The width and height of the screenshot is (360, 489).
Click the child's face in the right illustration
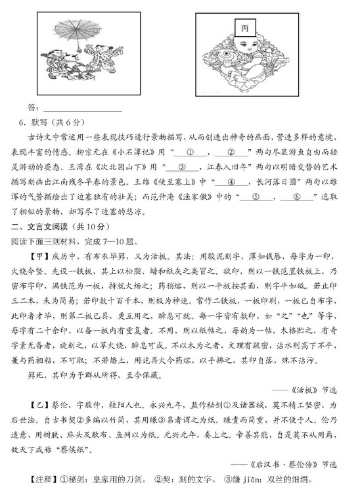click(x=244, y=50)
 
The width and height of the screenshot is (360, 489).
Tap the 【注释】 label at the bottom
click(x=39, y=478)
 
